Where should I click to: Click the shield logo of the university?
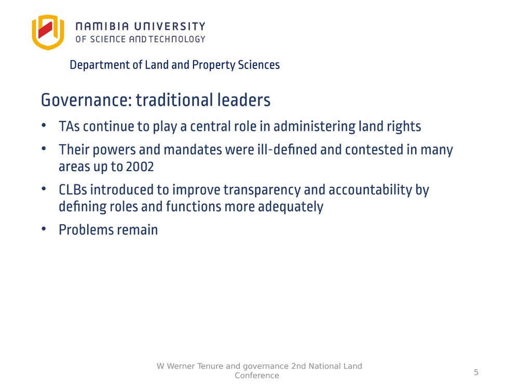click(48, 32)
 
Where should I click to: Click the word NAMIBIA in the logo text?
click(102, 26)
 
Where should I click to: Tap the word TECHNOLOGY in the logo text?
click(177, 39)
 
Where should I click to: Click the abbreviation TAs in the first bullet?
click(69, 127)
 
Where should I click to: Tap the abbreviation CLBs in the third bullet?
click(73, 190)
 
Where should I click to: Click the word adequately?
click(291, 207)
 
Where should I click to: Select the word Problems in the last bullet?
click(86, 230)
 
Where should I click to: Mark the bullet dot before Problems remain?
click(44, 228)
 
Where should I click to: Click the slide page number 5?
click(476, 372)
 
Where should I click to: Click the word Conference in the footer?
click(257, 375)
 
